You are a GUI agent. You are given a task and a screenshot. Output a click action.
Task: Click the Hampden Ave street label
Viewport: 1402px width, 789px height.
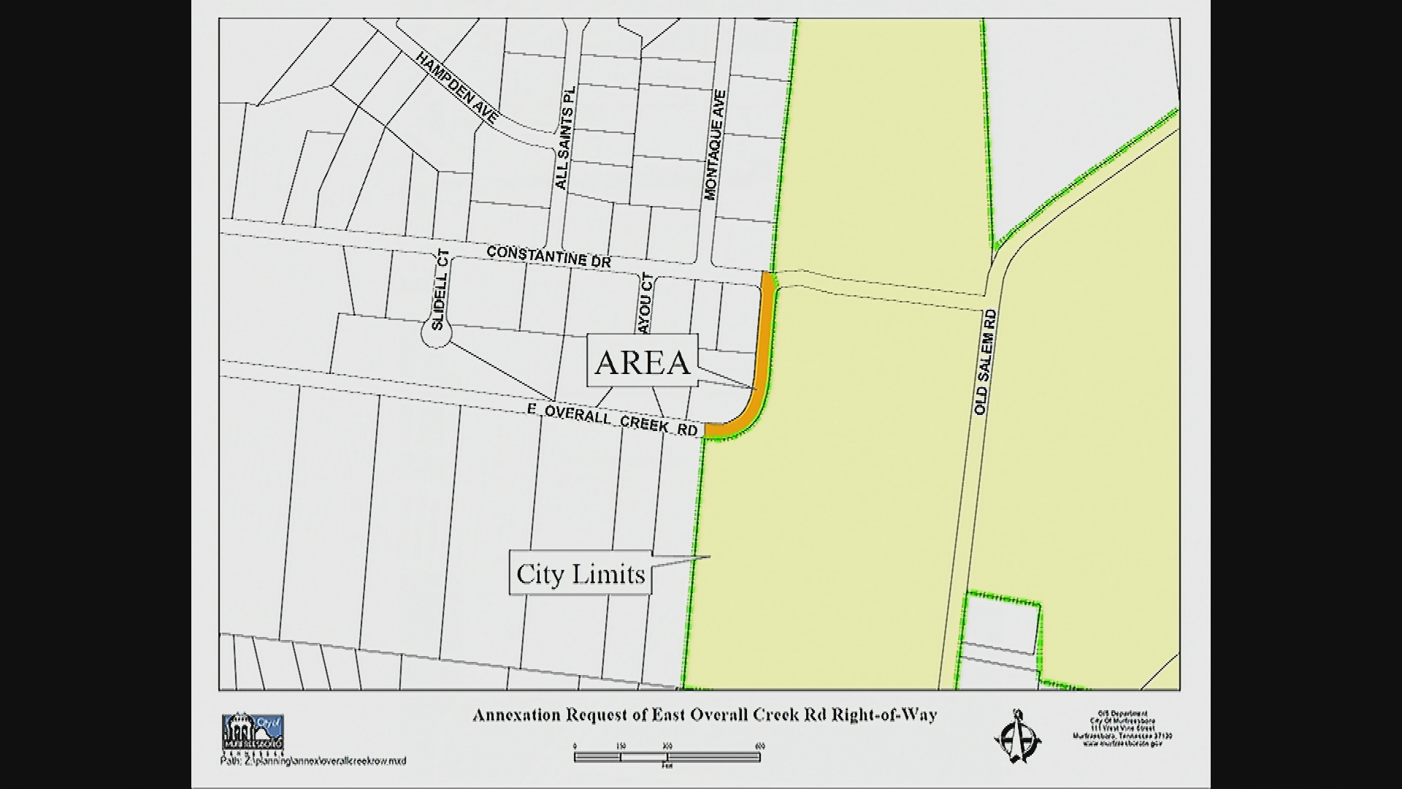[457, 87]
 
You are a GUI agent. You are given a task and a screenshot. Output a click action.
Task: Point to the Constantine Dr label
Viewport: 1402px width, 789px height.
[548, 256]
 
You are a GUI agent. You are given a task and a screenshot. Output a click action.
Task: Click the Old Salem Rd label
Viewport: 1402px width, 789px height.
[985, 362]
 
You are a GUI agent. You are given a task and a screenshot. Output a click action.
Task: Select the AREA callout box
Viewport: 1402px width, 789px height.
[643, 361]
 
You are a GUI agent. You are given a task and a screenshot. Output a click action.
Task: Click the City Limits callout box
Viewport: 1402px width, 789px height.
[581, 573]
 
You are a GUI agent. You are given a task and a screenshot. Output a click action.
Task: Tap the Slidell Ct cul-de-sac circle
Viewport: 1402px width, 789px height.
[436, 334]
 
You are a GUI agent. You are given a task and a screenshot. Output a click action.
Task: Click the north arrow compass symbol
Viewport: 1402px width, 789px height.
[1017, 736]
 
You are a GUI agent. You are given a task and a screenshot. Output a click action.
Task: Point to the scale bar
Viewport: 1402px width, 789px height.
[667, 757]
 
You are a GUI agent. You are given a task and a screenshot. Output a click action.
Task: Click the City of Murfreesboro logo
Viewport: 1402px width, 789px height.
[252, 732]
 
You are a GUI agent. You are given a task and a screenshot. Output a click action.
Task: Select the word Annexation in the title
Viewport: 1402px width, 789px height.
[516, 715]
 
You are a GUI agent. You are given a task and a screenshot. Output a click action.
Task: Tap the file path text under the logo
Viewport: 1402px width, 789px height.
[313, 761]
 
